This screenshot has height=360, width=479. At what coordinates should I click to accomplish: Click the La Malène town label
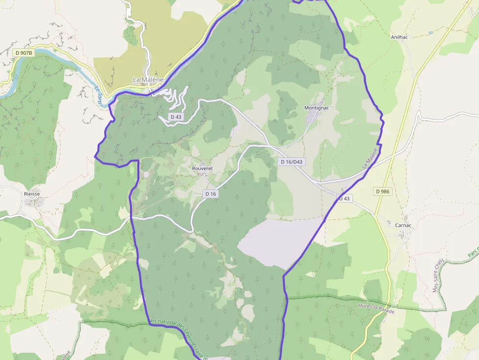point(148,80)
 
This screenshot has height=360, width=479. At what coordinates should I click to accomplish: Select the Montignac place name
point(317,107)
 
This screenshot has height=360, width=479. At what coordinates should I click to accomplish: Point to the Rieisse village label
point(32,194)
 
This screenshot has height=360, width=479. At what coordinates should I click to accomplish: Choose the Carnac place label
point(403,225)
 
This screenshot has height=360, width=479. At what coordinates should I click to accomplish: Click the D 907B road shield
point(23,53)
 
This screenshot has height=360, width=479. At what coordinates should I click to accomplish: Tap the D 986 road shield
point(384,191)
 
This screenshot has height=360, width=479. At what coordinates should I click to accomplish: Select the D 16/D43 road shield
point(291,162)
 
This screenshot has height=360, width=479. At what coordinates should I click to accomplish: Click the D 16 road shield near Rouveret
point(211,194)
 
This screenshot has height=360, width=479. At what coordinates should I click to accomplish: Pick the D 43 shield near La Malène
point(176,117)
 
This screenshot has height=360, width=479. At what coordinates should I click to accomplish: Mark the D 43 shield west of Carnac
point(344,198)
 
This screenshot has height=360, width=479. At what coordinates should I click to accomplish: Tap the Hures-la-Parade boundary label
point(376,308)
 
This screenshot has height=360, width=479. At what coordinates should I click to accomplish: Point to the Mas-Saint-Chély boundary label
point(438,275)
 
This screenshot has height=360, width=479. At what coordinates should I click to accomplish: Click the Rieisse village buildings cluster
point(33,202)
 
